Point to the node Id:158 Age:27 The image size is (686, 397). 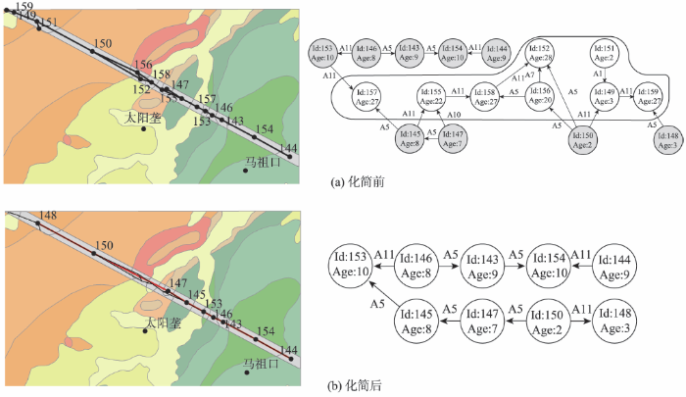(485, 97)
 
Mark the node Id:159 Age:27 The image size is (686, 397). (648, 97)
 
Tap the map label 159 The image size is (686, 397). (25, 7)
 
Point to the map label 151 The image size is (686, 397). (48, 23)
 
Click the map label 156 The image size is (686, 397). (142, 64)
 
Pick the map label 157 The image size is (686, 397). (206, 100)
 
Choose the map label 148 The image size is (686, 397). (48, 216)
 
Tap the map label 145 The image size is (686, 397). (196, 294)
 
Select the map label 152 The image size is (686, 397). (142, 89)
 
